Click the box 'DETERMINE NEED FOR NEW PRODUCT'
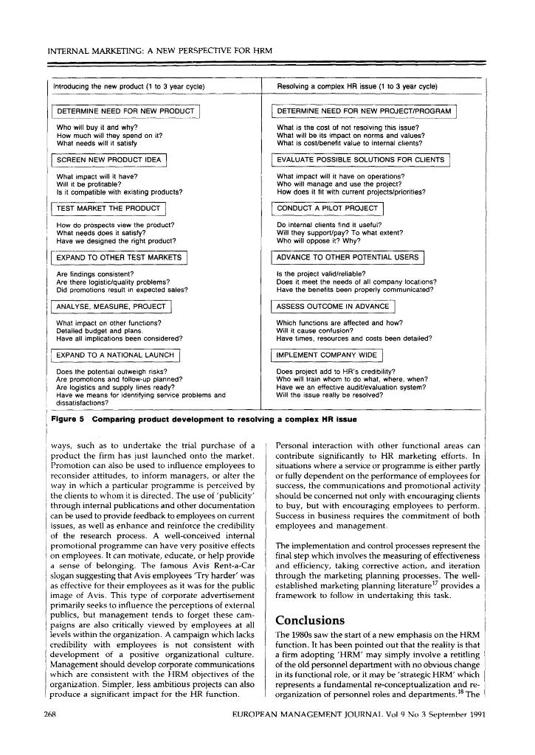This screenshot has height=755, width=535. (126, 111)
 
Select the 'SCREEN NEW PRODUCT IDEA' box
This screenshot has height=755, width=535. (109, 160)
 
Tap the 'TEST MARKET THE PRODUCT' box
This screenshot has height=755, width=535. (108, 209)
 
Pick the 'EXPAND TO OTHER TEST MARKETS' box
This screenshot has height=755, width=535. (119, 257)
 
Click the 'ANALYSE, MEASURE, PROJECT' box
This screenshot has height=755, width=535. (111, 306)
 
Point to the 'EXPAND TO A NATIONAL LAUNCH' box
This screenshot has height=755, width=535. (116, 355)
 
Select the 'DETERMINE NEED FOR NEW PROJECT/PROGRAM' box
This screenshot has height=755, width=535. (365, 111)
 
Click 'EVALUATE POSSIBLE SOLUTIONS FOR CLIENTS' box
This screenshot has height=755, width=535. (361, 160)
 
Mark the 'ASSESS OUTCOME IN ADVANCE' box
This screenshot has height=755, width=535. (333, 306)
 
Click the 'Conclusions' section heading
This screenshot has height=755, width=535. (310, 620)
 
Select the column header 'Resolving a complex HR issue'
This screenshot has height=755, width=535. (357, 87)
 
